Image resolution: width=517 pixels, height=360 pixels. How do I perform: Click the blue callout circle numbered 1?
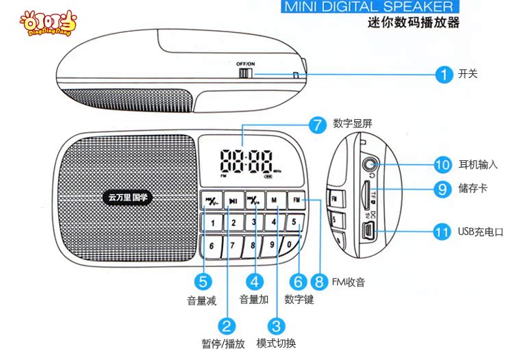445,74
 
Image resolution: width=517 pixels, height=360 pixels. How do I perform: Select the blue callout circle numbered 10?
442,164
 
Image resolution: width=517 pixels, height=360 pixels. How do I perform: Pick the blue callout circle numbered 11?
442,231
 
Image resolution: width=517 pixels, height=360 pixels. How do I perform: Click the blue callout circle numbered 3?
276,326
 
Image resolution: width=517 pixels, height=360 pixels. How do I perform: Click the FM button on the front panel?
297,200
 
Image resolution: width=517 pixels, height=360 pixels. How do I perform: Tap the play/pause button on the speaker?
234,200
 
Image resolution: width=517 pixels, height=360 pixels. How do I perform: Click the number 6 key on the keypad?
212,245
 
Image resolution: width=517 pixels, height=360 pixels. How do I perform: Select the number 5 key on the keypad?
293,222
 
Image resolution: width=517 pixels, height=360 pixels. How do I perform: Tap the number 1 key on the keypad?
213,222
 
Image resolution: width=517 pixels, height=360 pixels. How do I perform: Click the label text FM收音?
348,281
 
